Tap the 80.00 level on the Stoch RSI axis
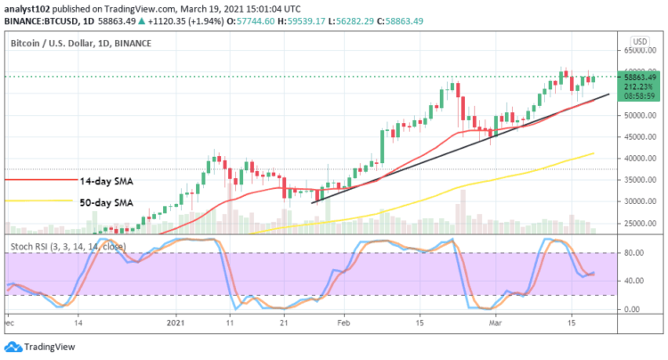[x=632, y=253]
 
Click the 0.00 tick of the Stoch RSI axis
[x=632, y=309]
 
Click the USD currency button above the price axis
[x=639, y=42]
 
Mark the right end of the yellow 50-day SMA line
[x=593, y=153]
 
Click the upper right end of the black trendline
[x=609, y=94]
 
